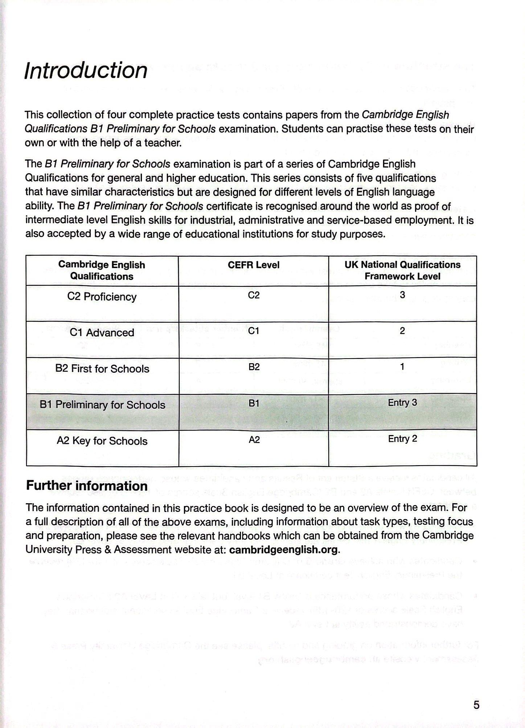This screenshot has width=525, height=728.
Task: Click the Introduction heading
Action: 86,70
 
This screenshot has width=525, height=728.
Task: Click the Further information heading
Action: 87,486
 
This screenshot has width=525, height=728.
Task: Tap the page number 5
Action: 476,705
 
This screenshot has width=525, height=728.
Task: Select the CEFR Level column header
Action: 254,265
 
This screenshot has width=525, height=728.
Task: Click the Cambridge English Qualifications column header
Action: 102,270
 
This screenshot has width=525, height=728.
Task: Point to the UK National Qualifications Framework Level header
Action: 402,270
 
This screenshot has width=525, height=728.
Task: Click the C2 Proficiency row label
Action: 102,297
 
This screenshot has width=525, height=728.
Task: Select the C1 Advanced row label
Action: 102,332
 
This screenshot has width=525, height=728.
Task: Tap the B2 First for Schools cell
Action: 102,369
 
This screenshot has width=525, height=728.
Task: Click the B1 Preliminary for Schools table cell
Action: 102,405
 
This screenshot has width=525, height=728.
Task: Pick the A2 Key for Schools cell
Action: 102,441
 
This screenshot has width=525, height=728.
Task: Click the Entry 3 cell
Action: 402,403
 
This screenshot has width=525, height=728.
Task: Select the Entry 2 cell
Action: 402,439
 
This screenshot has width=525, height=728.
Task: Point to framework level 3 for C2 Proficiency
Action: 402,295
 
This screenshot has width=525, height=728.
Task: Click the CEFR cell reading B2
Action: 254,367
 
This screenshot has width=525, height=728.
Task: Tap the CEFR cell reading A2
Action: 254,440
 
